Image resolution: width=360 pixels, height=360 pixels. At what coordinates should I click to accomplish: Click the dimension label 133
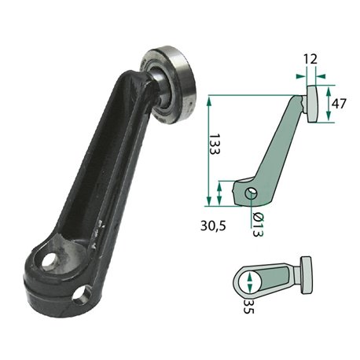[x=214, y=144]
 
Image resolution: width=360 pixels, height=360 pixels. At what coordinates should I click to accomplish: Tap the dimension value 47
[x=339, y=104]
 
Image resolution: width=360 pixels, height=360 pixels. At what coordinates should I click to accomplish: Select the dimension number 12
[x=310, y=59]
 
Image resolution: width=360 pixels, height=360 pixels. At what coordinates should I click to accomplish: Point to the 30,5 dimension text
[x=213, y=226]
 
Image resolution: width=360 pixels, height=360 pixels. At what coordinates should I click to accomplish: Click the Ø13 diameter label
[x=257, y=225]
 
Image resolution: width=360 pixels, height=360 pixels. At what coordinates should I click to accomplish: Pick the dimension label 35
[x=248, y=307]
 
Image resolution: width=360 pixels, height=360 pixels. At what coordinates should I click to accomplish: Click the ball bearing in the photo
[x=171, y=84]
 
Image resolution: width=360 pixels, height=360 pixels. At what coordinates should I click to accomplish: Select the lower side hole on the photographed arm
[x=82, y=295]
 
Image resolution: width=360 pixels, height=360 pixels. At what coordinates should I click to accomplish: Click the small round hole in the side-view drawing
[x=251, y=193]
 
